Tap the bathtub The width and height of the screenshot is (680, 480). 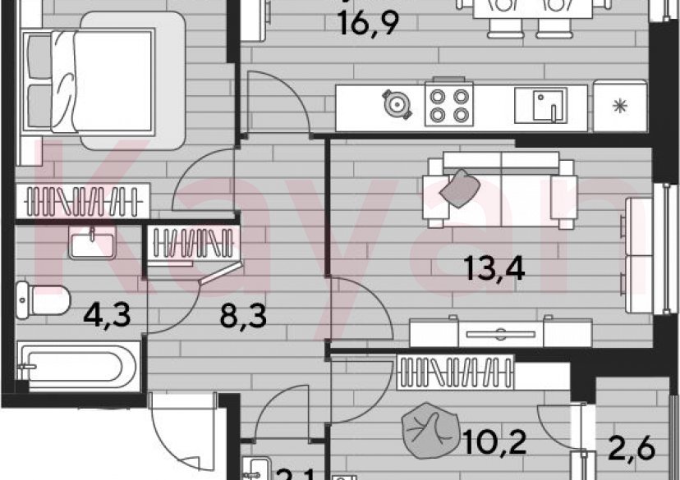(x=75, y=366)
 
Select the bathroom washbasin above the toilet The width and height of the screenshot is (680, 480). (x=90, y=245)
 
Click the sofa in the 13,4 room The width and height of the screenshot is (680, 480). (x=500, y=191)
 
